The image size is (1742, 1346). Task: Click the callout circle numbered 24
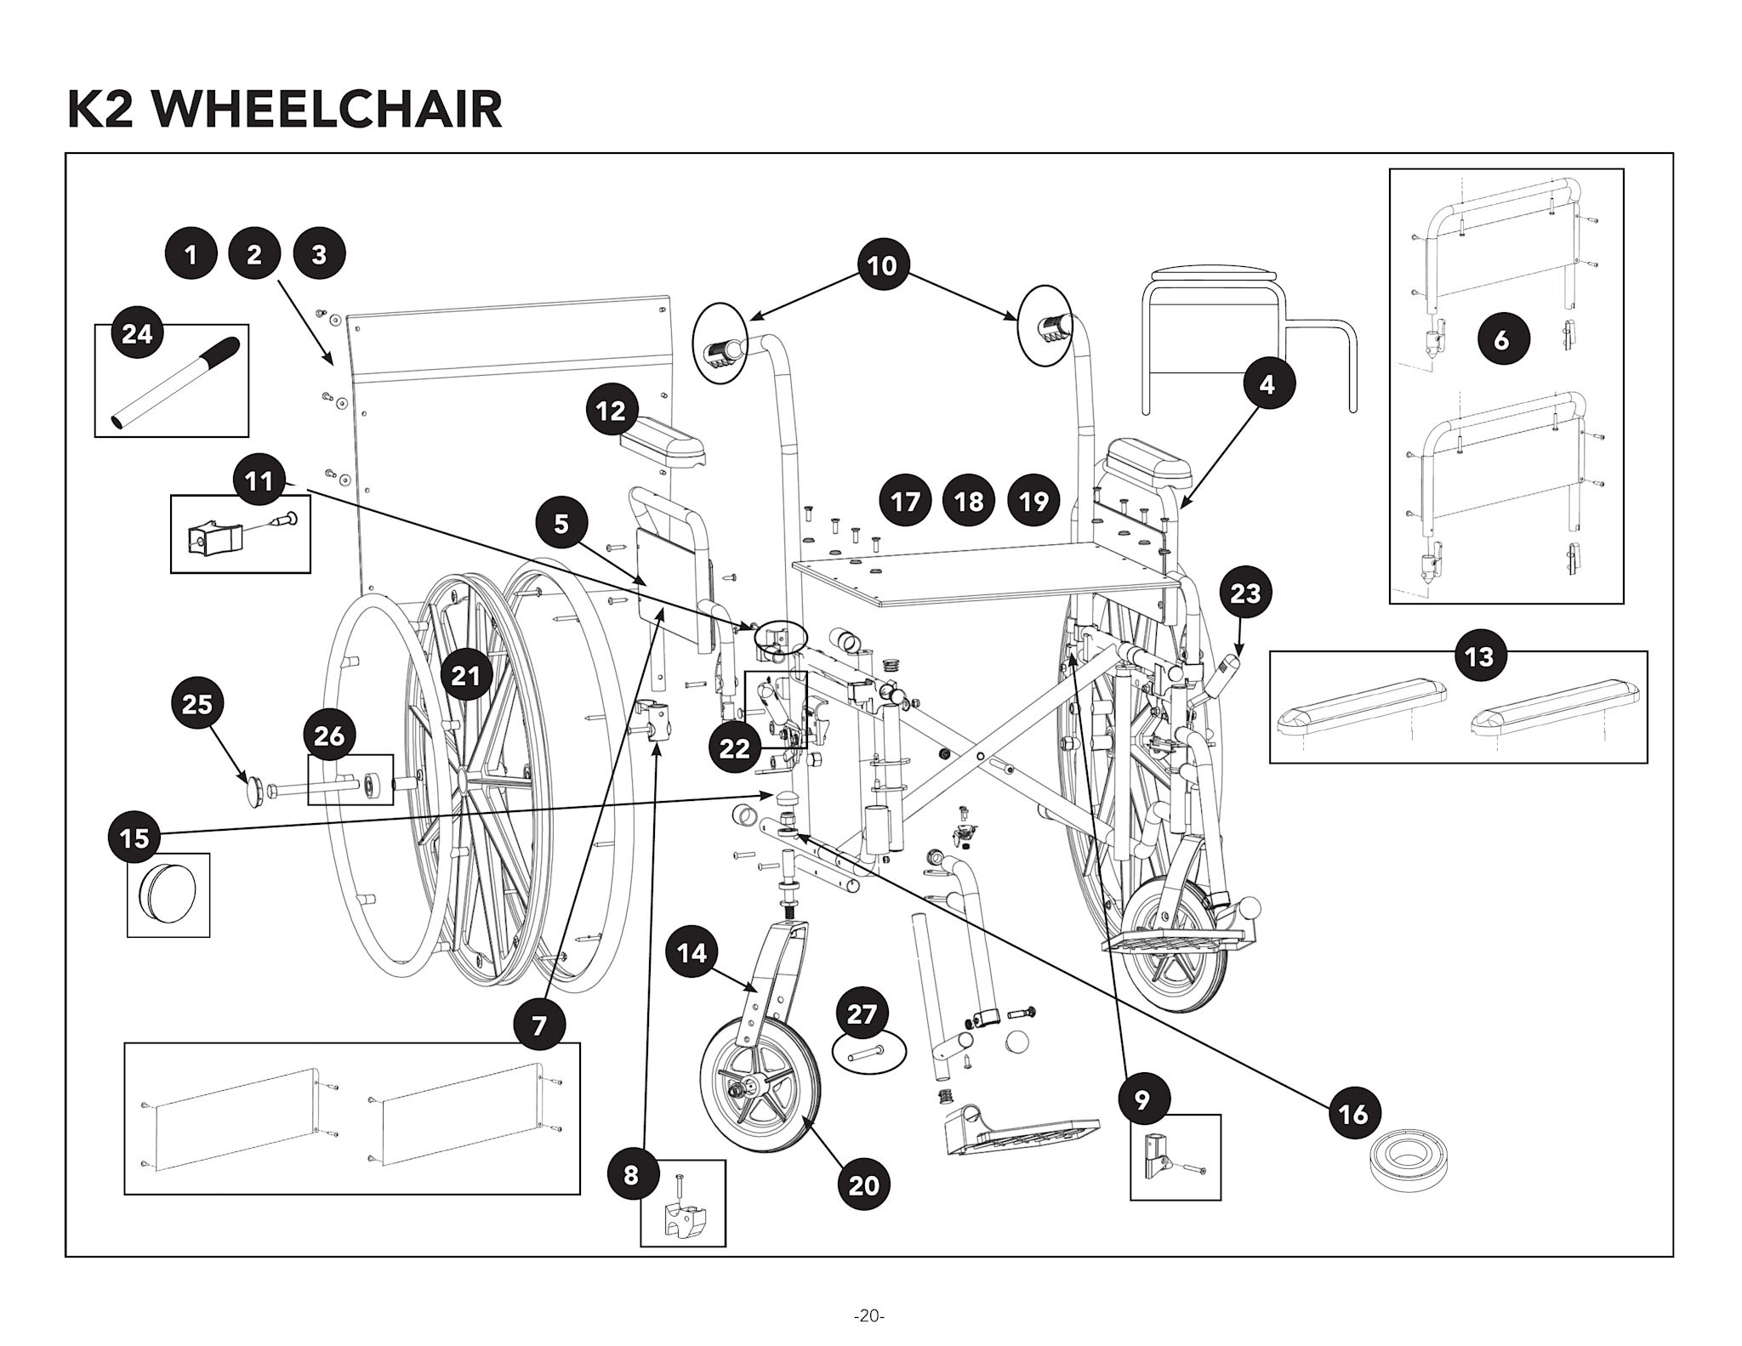(137, 334)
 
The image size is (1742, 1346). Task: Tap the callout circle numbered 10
(882, 265)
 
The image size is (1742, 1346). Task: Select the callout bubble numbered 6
(1502, 339)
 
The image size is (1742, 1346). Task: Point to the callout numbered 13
(1480, 656)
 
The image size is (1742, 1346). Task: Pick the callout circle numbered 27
(862, 1014)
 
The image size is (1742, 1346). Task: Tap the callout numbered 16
(1353, 1113)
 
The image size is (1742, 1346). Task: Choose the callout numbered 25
(197, 704)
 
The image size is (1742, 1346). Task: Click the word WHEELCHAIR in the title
(328, 111)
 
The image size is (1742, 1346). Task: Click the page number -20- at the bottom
(869, 1316)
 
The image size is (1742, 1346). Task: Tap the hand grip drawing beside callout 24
(177, 383)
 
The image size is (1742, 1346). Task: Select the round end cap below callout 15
(168, 894)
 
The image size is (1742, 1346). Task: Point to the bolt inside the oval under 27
(864, 1055)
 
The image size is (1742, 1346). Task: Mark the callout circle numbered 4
(1267, 384)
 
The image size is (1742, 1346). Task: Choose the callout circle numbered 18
(969, 501)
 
